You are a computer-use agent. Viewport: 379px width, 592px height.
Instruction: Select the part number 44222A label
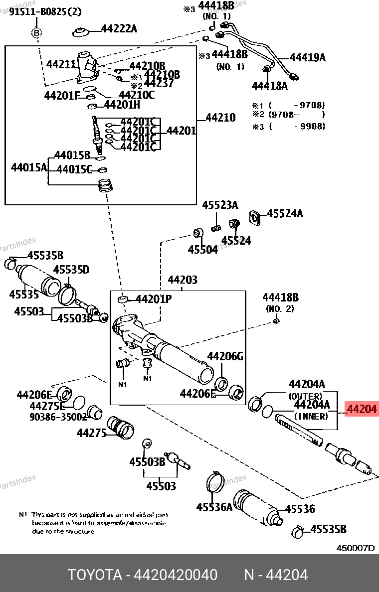119,28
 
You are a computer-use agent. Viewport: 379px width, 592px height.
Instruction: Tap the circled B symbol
36,33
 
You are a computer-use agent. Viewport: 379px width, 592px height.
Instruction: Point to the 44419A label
307,57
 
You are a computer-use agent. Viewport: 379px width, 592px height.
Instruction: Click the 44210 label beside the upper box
220,118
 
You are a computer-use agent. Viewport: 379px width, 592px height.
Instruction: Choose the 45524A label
285,214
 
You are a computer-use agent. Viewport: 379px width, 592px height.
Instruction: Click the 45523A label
220,205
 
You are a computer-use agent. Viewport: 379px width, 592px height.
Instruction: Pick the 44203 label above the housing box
182,280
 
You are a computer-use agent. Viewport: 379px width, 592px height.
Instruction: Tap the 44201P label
154,299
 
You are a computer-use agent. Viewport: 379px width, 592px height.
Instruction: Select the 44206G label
225,356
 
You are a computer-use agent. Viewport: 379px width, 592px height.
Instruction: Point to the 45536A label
214,507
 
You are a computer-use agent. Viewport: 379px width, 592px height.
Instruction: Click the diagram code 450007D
355,548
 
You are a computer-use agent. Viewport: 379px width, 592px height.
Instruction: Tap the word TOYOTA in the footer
95,575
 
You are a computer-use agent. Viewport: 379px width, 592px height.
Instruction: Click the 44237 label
159,83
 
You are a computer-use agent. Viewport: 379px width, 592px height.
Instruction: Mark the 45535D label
71,270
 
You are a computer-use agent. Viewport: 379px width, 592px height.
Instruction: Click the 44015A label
28,167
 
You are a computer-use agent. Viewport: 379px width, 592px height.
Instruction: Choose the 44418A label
269,86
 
